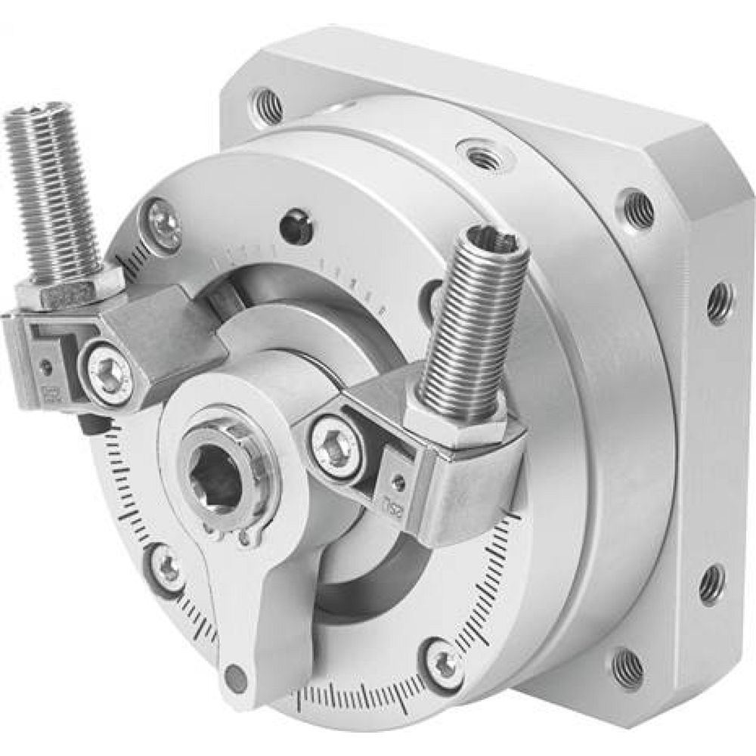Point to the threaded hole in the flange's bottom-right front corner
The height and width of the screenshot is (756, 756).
628,666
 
